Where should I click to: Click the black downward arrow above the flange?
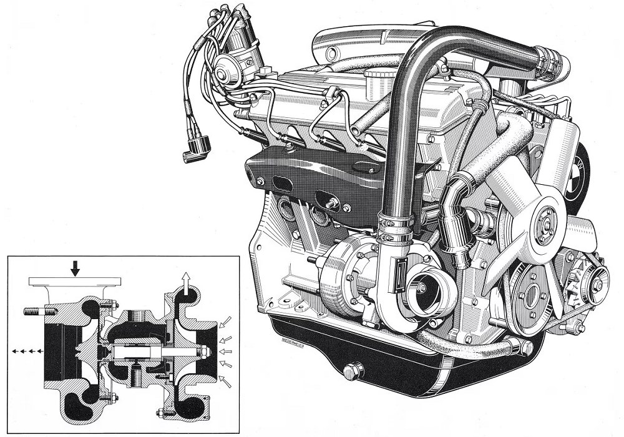(76, 268)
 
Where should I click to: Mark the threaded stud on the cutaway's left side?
(32, 309)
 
